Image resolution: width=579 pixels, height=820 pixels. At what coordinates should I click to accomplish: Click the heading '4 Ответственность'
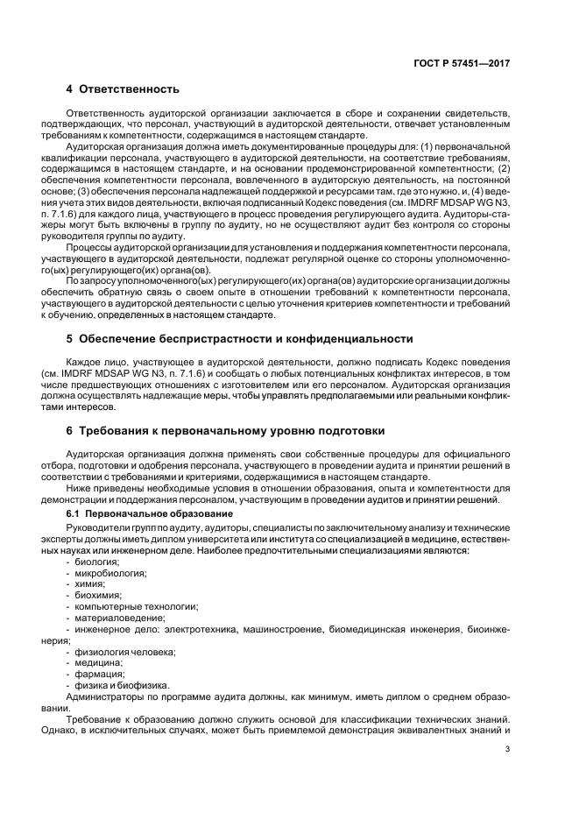point(123,89)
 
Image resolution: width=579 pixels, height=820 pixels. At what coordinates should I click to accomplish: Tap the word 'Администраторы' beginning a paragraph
point(105,697)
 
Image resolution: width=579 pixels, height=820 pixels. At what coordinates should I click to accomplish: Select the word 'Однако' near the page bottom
point(84,731)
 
